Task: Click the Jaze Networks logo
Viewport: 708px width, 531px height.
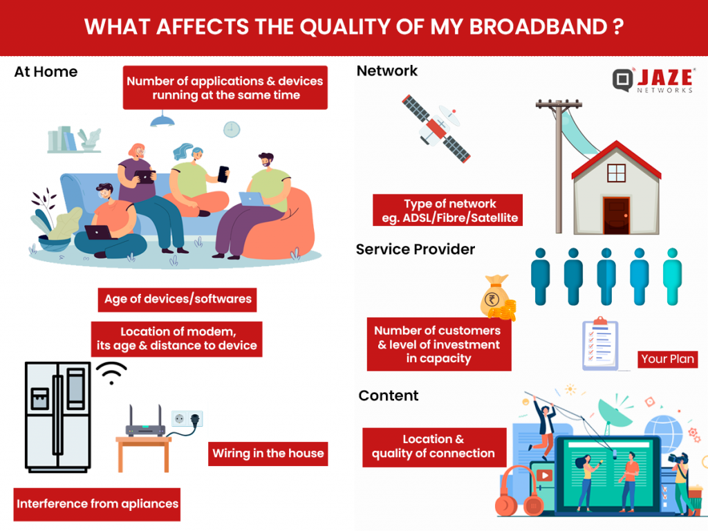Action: [653, 81]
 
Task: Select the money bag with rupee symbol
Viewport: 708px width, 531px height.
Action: [496, 298]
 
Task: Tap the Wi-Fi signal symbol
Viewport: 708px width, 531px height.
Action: [111, 373]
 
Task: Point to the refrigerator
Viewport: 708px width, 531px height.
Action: [57, 416]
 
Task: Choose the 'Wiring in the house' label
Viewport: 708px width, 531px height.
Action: [268, 454]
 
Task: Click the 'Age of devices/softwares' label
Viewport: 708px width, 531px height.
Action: [177, 299]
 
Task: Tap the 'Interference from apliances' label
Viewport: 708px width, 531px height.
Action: [97, 503]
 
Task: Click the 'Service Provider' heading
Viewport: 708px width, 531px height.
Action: [415, 249]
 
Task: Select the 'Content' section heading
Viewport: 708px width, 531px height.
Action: [389, 395]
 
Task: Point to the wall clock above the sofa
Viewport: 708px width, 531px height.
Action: [232, 129]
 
